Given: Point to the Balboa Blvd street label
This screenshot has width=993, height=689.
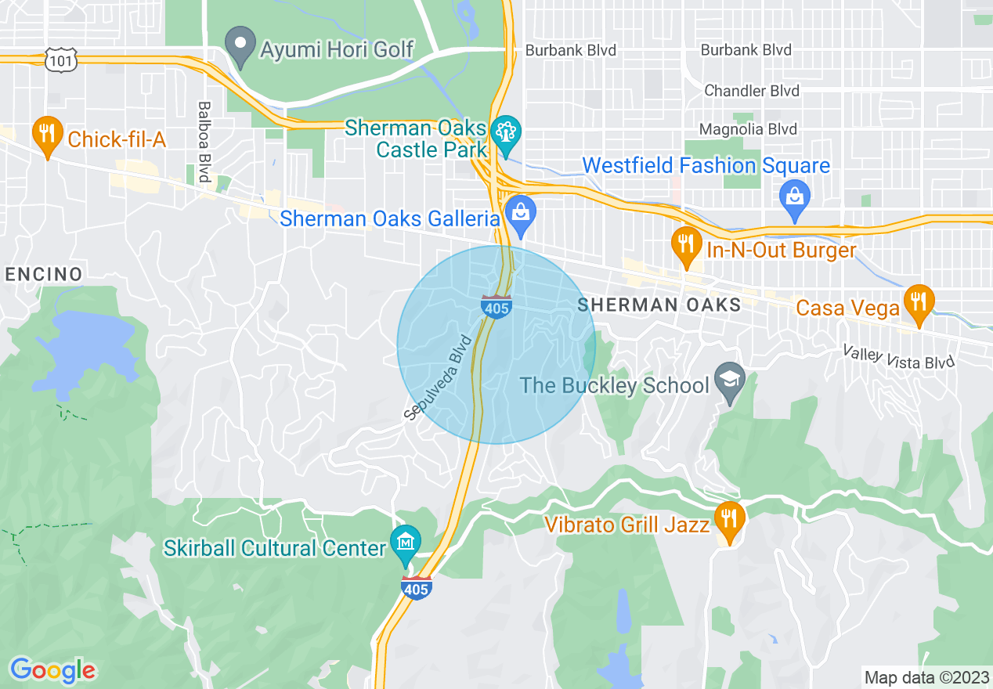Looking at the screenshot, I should [205, 142].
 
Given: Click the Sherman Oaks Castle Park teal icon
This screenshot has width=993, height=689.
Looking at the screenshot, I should [506, 132].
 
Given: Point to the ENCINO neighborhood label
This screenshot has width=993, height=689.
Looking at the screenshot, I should [44, 275].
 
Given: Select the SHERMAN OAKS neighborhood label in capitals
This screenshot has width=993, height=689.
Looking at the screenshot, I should [659, 305].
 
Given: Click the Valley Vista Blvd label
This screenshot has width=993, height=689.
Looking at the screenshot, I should [900, 358].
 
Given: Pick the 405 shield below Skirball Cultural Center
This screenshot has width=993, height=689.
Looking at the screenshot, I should [416, 588].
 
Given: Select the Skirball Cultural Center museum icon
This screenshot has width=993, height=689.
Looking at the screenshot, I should [406, 543].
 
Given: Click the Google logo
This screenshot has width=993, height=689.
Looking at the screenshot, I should [53, 670].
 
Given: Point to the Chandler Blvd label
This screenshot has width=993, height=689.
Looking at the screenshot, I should [752, 91].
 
